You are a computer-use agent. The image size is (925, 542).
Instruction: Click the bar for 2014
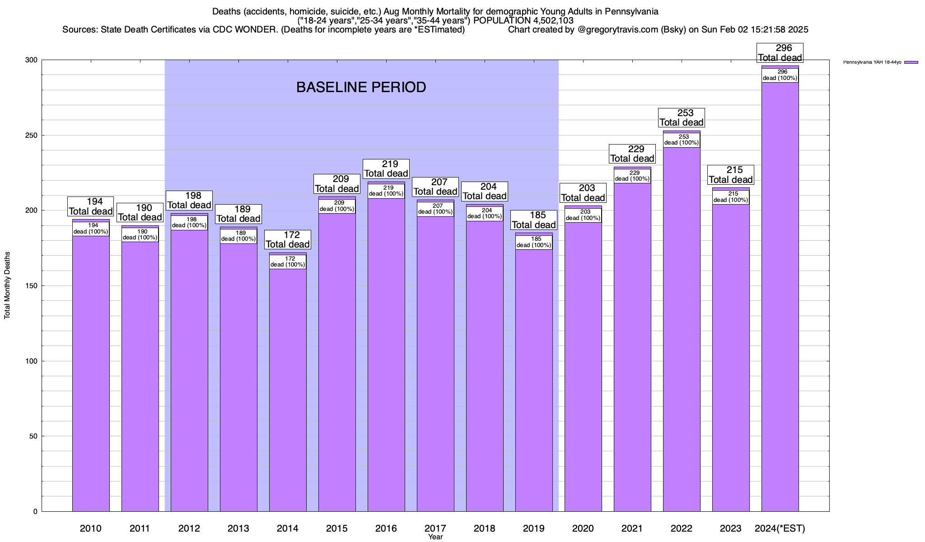[288, 388]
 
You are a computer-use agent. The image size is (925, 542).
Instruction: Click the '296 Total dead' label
[780, 53]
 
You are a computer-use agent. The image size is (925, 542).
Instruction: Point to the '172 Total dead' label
[288, 240]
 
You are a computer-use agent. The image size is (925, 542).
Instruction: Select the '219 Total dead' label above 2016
[386, 169]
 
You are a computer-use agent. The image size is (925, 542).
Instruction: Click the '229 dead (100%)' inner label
[632, 176]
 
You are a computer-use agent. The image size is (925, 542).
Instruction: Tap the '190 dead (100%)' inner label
[140, 234]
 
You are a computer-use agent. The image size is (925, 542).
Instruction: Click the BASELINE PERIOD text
[361, 87]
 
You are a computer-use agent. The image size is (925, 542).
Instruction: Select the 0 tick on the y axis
[35, 512]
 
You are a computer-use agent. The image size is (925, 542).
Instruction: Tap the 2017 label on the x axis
[435, 528]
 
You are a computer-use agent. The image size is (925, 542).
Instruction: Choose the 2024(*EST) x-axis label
[780, 528]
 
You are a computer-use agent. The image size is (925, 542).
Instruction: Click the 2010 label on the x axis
[91, 528]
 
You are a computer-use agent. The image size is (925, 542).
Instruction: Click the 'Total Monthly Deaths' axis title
[7, 285]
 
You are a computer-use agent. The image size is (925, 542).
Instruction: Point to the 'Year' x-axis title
[435, 537]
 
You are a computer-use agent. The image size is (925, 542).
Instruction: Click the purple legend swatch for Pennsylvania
[911, 62]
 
